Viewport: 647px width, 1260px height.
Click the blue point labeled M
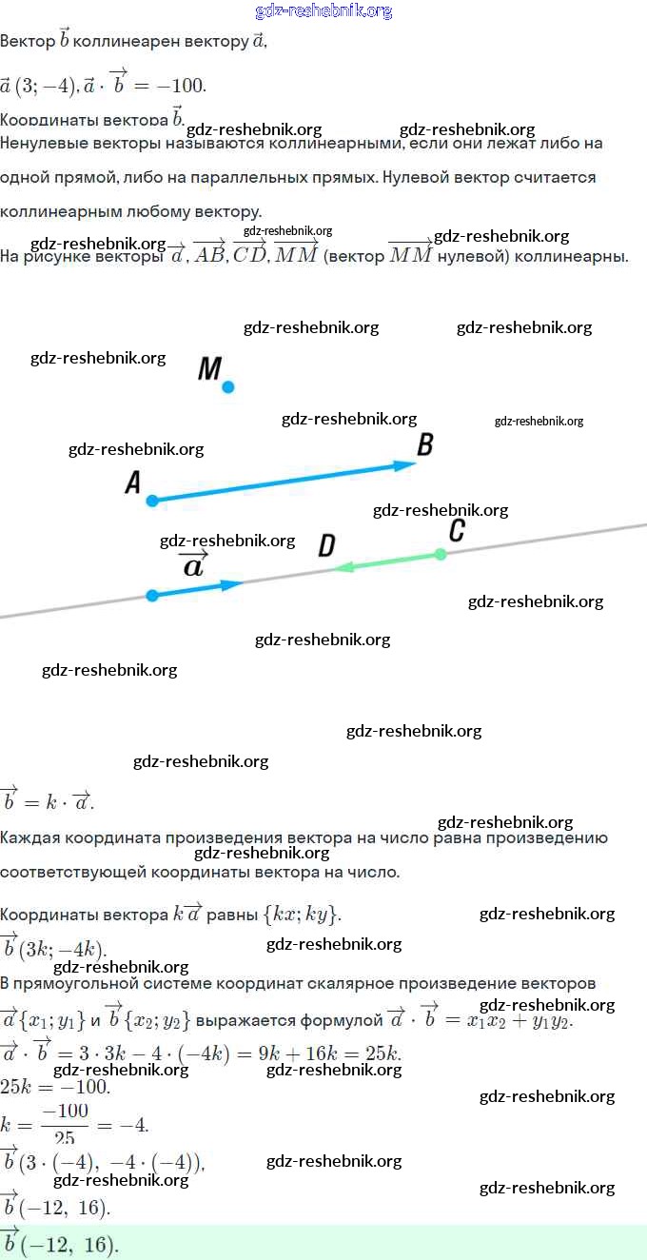[228, 386]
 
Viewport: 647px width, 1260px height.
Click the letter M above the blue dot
[209, 368]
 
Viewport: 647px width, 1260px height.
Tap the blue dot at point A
[152, 500]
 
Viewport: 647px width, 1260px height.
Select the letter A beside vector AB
[133, 483]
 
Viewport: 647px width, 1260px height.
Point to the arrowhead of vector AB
[406, 465]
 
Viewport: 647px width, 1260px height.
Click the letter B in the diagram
[425, 444]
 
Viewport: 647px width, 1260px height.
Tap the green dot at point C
[440, 554]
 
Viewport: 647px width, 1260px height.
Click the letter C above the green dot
[457, 531]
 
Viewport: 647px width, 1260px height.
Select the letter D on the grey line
[326, 545]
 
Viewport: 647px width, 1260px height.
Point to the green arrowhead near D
[343, 567]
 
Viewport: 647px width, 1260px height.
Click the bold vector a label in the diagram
[193, 565]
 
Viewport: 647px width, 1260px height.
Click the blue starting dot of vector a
[152, 596]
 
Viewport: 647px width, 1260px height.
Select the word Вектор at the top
[28, 42]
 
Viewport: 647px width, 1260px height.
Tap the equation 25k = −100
[54, 1086]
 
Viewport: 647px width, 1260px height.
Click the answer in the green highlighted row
[59, 1244]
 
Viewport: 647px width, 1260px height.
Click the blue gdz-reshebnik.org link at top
[323, 11]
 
